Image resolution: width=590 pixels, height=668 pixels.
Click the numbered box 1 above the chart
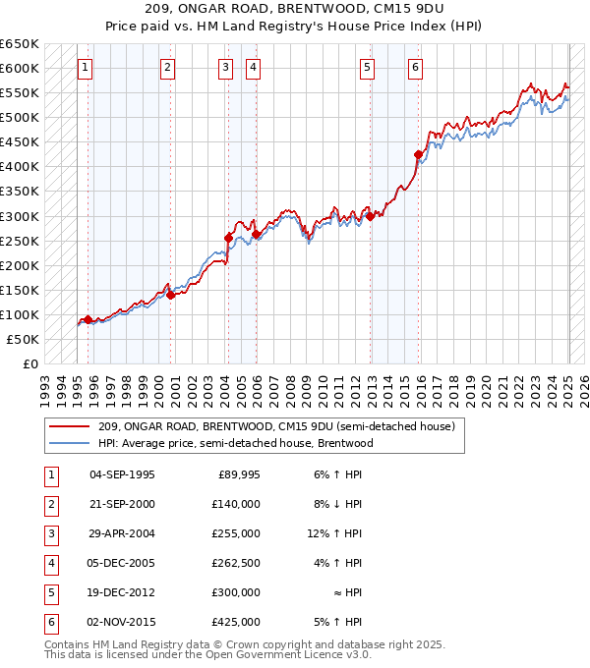tap(86, 68)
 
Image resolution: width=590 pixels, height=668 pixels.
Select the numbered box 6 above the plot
tap(416, 68)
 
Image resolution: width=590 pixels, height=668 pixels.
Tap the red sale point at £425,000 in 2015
tap(419, 154)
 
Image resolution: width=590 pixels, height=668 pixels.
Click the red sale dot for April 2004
tap(228, 238)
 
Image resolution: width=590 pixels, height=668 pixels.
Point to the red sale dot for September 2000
tap(170, 294)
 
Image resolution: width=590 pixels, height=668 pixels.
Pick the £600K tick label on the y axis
tap(20, 68)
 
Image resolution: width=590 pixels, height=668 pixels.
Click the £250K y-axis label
tap(20, 241)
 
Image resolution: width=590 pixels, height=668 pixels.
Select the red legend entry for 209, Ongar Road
tap(275, 427)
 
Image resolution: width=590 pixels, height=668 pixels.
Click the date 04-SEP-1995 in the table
tap(122, 474)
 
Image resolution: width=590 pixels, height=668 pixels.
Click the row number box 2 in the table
tap(50, 504)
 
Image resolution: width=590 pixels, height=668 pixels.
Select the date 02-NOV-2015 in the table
tap(122, 622)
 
